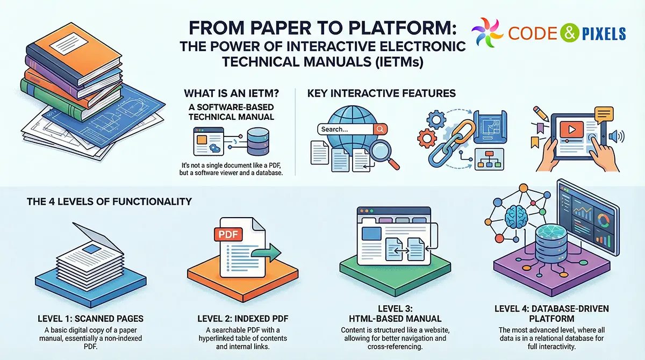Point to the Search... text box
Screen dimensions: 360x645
tap(345, 129)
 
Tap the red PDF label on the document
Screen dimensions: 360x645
tap(227, 234)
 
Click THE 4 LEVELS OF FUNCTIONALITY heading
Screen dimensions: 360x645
tap(109, 202)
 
